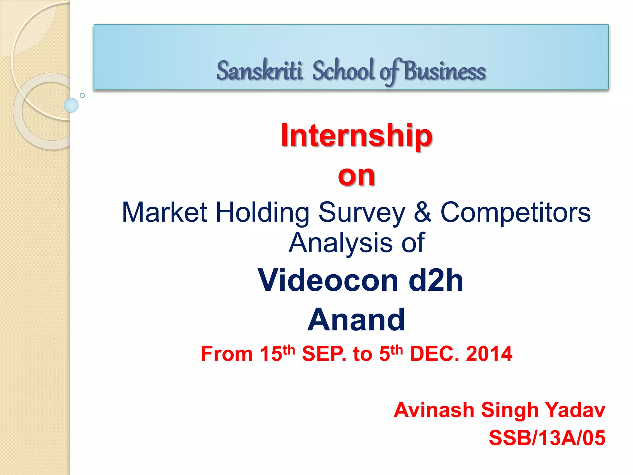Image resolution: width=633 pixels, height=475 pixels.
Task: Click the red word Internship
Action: (356, 135)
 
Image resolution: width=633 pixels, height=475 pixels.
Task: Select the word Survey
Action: (362, 213)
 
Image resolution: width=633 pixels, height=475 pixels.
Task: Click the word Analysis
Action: (340, 243)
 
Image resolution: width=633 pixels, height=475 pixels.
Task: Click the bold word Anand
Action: (356, 320)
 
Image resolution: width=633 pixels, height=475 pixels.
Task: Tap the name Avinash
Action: (434, 410)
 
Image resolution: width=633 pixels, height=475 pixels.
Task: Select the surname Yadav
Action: (574, 410)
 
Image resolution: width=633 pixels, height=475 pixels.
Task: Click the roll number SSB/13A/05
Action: (547, 438)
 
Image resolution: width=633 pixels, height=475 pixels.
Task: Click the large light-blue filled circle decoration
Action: (71, 105)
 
